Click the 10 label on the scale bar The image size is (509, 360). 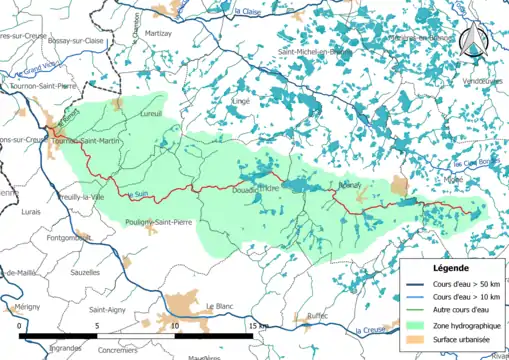174,326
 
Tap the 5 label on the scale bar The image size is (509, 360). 97,326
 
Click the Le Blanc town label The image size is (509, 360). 218,306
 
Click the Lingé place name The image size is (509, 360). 240,101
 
